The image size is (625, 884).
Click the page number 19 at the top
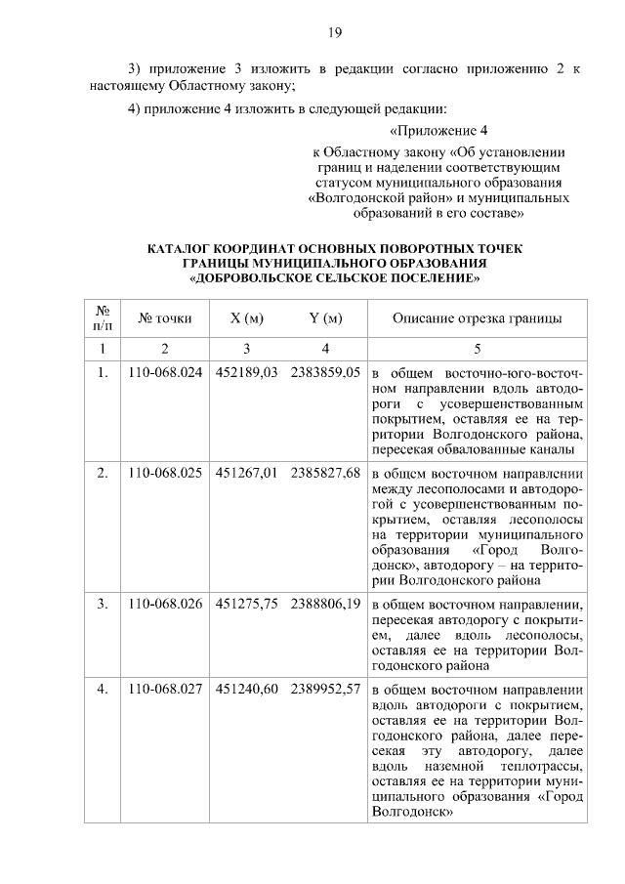point(333,34)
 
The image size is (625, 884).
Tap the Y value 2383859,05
point(325,372)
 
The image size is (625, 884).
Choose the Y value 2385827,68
point(325,473)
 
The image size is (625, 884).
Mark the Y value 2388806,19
point(325,604)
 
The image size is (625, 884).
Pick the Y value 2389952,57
point(325,689)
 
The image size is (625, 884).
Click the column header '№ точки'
point(165,318)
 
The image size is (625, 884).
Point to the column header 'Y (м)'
point(325,318)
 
